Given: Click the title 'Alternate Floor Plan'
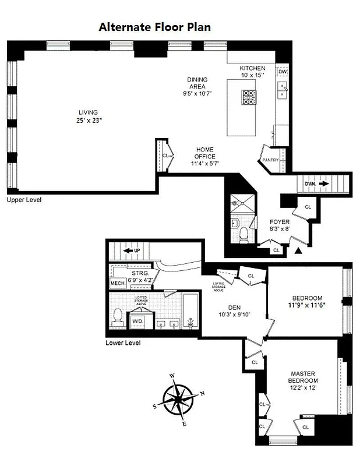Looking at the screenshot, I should tap(154, 27).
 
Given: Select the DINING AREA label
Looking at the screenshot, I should tap(197, 86).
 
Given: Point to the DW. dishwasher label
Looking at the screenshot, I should tap(283, 72).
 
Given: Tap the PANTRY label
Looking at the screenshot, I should tap(271, 160).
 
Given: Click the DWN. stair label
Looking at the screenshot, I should tap(310, 184).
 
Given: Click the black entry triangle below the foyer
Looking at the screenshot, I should tap(299, 251).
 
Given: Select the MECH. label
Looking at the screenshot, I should tap(118, 284).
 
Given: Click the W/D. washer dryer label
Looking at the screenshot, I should tap(138, 321).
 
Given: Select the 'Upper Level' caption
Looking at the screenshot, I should tap(24, 199).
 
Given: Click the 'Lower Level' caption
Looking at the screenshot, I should tap(123, 343).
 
